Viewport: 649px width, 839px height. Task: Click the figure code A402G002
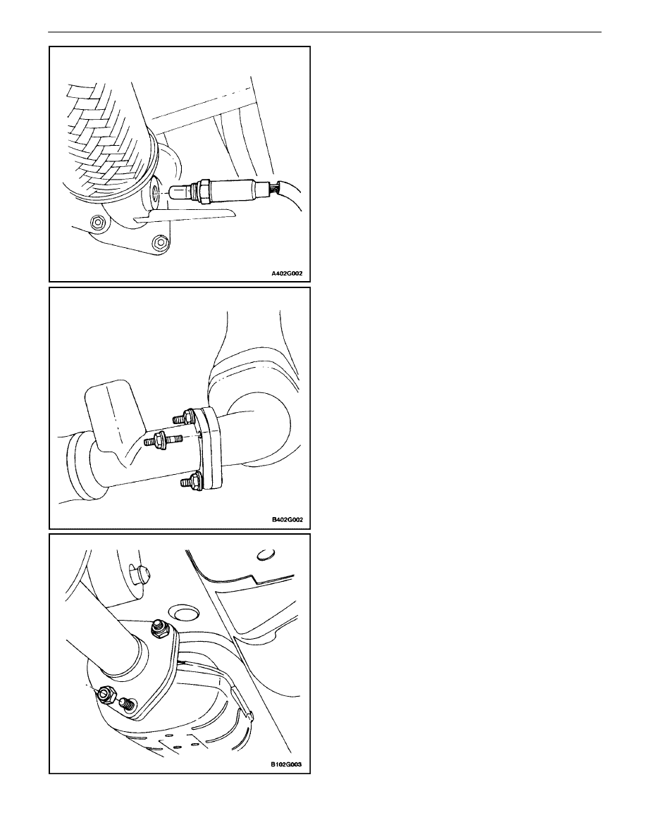coord(287,273)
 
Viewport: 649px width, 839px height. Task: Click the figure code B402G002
coord(287,519)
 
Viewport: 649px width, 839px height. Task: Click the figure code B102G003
coord(286,764)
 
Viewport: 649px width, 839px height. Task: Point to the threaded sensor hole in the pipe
coord(155,192)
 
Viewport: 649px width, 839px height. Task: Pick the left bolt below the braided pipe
coord(97,221)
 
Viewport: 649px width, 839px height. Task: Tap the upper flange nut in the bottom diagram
coord(159,628)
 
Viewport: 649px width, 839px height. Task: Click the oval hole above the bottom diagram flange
coord(183,613)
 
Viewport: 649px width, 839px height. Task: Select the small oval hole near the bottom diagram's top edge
coord(266,554)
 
